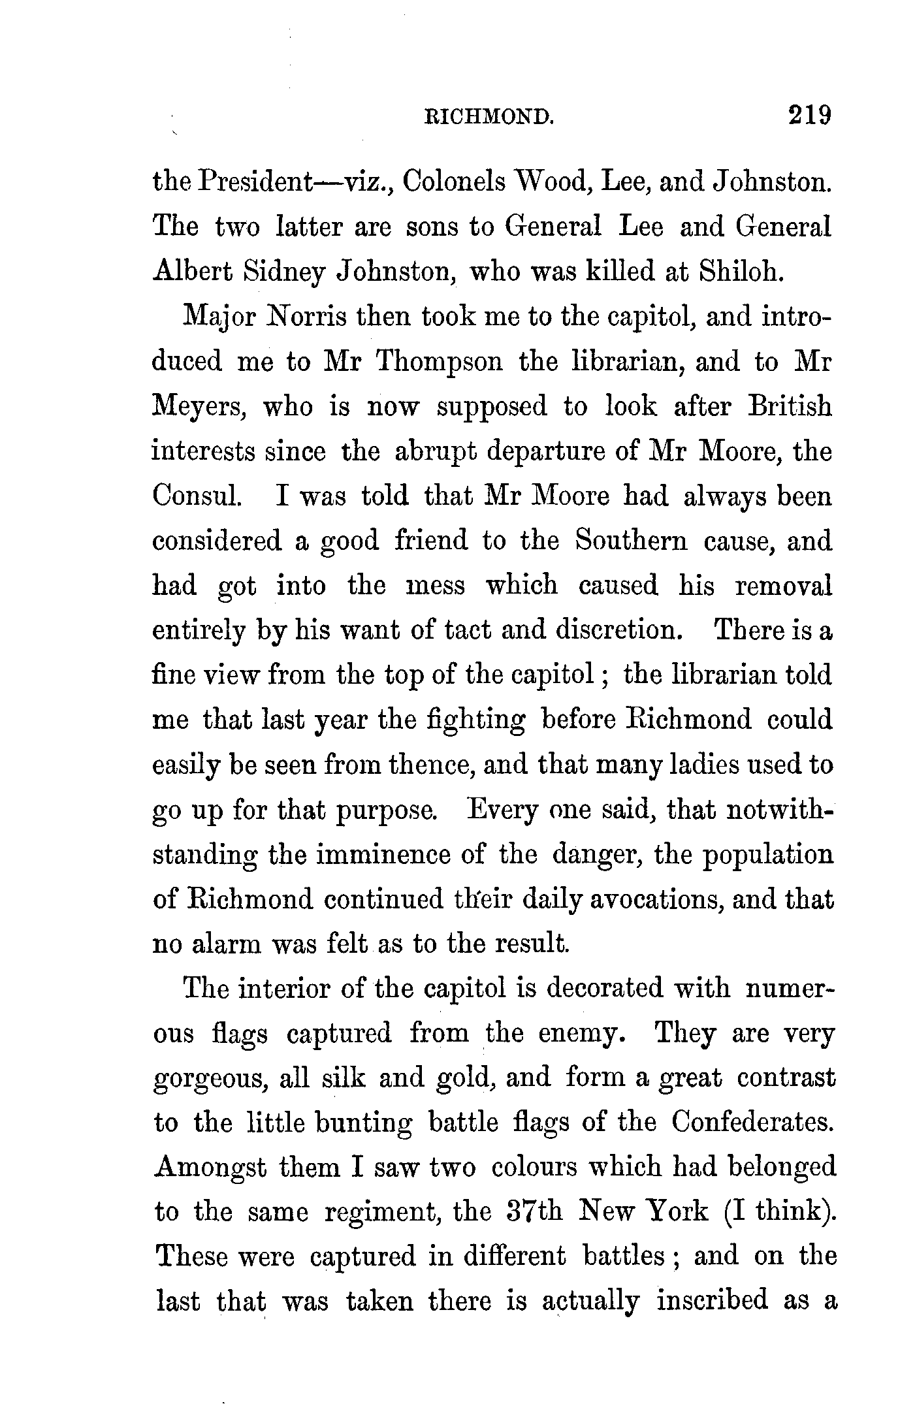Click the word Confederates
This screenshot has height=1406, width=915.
(x=752, y=1123)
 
